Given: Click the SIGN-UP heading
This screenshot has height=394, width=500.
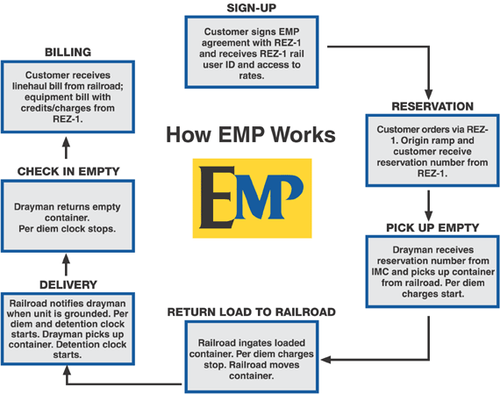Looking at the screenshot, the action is point(251,8).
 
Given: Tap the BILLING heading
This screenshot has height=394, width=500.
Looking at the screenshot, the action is point(68,52).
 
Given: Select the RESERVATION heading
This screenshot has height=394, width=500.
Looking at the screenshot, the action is point(432,106).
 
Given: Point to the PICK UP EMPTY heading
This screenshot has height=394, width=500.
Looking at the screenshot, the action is point(432,228).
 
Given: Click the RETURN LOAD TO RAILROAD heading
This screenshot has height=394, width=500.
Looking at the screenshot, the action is point(251,312).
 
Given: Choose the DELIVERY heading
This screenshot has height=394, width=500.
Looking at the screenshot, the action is point(68,284).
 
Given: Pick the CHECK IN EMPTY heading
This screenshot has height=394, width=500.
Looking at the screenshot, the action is point(68,171).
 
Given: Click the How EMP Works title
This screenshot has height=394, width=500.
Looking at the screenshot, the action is point(251,134).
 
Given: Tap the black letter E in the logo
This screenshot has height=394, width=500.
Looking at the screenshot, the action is point(217,197).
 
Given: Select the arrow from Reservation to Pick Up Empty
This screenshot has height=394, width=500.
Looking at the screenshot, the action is point(429,205).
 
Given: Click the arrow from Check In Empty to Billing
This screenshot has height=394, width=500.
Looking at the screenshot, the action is point(66,147).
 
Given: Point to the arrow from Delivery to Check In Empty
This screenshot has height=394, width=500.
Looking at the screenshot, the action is point(66,264).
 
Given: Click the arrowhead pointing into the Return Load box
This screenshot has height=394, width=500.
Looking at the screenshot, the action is point(326,360).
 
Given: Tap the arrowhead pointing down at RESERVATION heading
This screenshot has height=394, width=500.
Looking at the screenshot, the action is point(429,95).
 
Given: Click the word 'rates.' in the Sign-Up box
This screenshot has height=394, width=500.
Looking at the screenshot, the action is point(251,76).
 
